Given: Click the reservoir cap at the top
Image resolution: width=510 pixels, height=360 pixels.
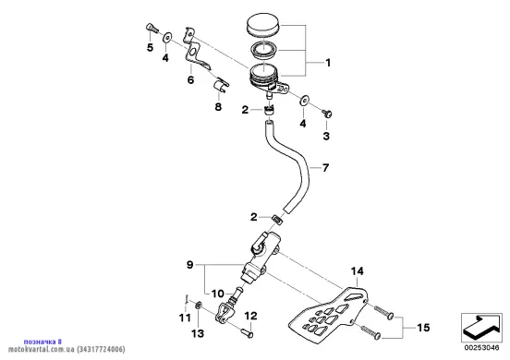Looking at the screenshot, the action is tap(263, 24).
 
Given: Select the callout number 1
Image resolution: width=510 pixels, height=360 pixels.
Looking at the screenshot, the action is tap(328, 63).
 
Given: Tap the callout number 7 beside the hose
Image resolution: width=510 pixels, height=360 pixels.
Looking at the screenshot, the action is tap(325, 168).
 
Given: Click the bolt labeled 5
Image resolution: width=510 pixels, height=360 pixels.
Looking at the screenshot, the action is tap(152, 29).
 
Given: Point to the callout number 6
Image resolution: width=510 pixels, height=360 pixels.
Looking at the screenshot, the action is tap(190, 79).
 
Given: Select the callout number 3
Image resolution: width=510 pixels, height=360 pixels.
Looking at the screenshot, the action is tap(326, 136).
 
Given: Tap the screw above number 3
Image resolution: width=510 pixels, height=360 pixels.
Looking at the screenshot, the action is tap(327, 114).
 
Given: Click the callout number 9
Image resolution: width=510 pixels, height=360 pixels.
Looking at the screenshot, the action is tap(189, 265).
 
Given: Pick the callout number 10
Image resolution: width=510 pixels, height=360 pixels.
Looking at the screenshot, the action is tap(218, 294).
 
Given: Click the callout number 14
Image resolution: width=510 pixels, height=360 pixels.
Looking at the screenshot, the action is tap(357, 271).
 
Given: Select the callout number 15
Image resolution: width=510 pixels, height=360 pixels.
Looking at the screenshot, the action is tap(423, 328).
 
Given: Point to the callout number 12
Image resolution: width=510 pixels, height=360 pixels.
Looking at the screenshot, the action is tap(250, 316).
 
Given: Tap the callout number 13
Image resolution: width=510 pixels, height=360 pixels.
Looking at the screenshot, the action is tap(198, 333).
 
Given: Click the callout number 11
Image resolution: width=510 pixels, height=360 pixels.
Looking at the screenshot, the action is tap(185, 318).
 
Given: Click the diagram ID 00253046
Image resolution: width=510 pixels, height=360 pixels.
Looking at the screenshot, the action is tap(481, 348).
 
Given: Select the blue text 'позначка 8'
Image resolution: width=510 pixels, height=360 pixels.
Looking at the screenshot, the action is tap(42, 342).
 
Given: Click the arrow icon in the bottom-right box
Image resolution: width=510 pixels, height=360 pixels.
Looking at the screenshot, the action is tap(481, 327).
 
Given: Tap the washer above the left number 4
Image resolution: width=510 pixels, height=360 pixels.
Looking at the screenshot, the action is tap(167, 38).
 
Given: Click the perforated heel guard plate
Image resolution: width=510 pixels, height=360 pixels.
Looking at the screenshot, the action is tap(329, 313).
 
